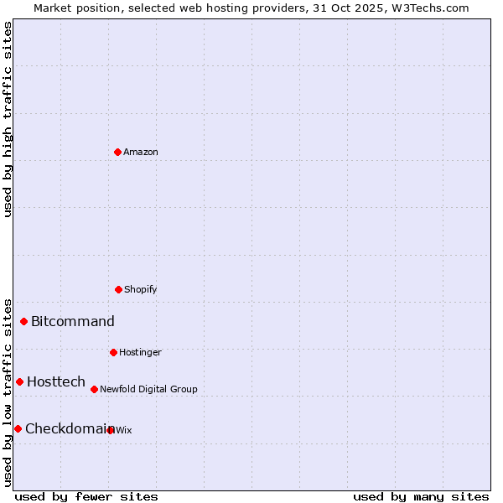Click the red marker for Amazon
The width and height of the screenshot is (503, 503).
pos(117,152)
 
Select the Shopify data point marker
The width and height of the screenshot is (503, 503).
pos(118,289)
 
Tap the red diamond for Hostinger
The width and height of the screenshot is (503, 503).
pos(113,352)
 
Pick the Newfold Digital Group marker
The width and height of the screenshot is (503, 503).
pos(94,389)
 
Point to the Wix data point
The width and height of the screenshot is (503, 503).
pos(111,430)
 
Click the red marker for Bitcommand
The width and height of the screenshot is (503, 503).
pos(23,321)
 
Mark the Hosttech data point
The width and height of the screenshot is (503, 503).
pos(19,381)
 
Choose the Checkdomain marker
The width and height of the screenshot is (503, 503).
pos(18,428)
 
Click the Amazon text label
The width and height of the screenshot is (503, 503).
pos(141,152)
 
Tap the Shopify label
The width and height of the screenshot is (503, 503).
pos(141,289)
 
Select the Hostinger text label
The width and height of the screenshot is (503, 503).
pos(140,352)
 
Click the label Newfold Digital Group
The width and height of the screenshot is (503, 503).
pos(148,389)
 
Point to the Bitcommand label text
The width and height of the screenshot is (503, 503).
pos(73,321)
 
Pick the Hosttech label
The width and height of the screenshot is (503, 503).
pos(56,381)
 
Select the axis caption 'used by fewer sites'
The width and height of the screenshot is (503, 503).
pos(86,496)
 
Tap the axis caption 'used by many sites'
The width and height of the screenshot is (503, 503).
pos(421,496)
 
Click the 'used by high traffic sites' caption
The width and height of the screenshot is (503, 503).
pos(8,119)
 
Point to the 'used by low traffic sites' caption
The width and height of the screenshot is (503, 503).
pos(8,392)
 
